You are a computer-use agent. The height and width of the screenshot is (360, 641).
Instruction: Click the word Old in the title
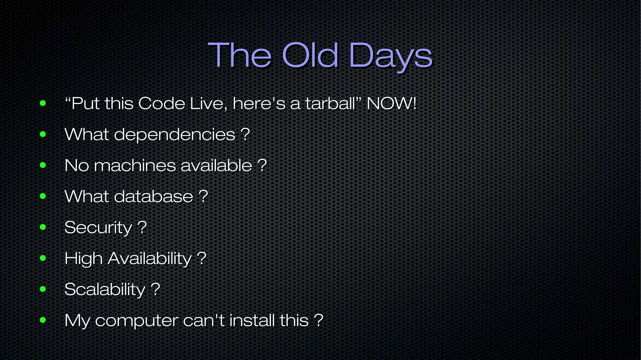[310, 55]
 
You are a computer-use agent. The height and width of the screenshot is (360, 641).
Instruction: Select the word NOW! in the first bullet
[392, 103]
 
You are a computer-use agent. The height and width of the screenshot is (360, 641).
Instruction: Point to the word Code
[162, 103]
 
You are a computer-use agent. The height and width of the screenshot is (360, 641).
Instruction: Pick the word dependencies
[174, 135]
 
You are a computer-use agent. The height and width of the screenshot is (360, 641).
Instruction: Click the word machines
[135, 165]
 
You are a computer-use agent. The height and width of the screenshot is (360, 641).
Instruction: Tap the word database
[153, 196]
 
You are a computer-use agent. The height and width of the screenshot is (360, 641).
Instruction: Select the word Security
[98, 228]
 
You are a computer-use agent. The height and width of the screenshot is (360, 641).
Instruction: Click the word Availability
[150, 259]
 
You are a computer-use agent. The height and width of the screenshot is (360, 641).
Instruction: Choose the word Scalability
[105, 289]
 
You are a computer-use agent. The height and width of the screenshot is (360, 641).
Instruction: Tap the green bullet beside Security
[43, 227]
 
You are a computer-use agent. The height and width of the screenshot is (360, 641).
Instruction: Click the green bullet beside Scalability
[43, 289]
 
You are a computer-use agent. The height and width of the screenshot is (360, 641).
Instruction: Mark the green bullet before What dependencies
[43, 134]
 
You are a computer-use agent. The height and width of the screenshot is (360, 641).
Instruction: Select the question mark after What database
[203, 196]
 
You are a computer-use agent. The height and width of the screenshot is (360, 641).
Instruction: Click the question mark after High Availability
[202, 258]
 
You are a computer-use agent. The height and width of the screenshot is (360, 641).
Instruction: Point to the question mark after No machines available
[262, 165]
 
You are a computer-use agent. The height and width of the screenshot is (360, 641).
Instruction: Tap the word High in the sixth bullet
[83, 259]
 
